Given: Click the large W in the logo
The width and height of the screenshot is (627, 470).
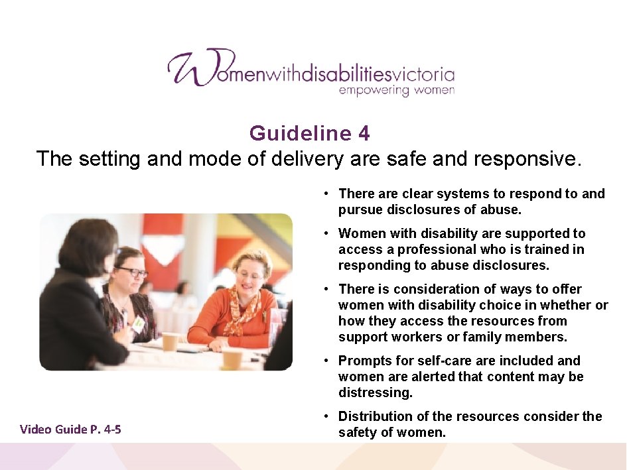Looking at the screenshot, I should click(x=192, y=68).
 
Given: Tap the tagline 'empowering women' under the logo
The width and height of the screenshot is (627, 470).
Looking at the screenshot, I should click(x=396, y=90).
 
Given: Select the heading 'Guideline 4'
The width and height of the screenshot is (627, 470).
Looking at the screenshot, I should click(x=310, y=133).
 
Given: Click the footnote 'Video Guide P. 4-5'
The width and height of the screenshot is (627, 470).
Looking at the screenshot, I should click(x=70, y=429).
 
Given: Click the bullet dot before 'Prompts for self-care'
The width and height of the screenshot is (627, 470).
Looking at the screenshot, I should click(x=328, y=361).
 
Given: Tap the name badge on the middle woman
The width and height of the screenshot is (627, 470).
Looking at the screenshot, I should click(x=137, y=324).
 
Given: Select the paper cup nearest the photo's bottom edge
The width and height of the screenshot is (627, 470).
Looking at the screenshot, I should click(x=232, y=358).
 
